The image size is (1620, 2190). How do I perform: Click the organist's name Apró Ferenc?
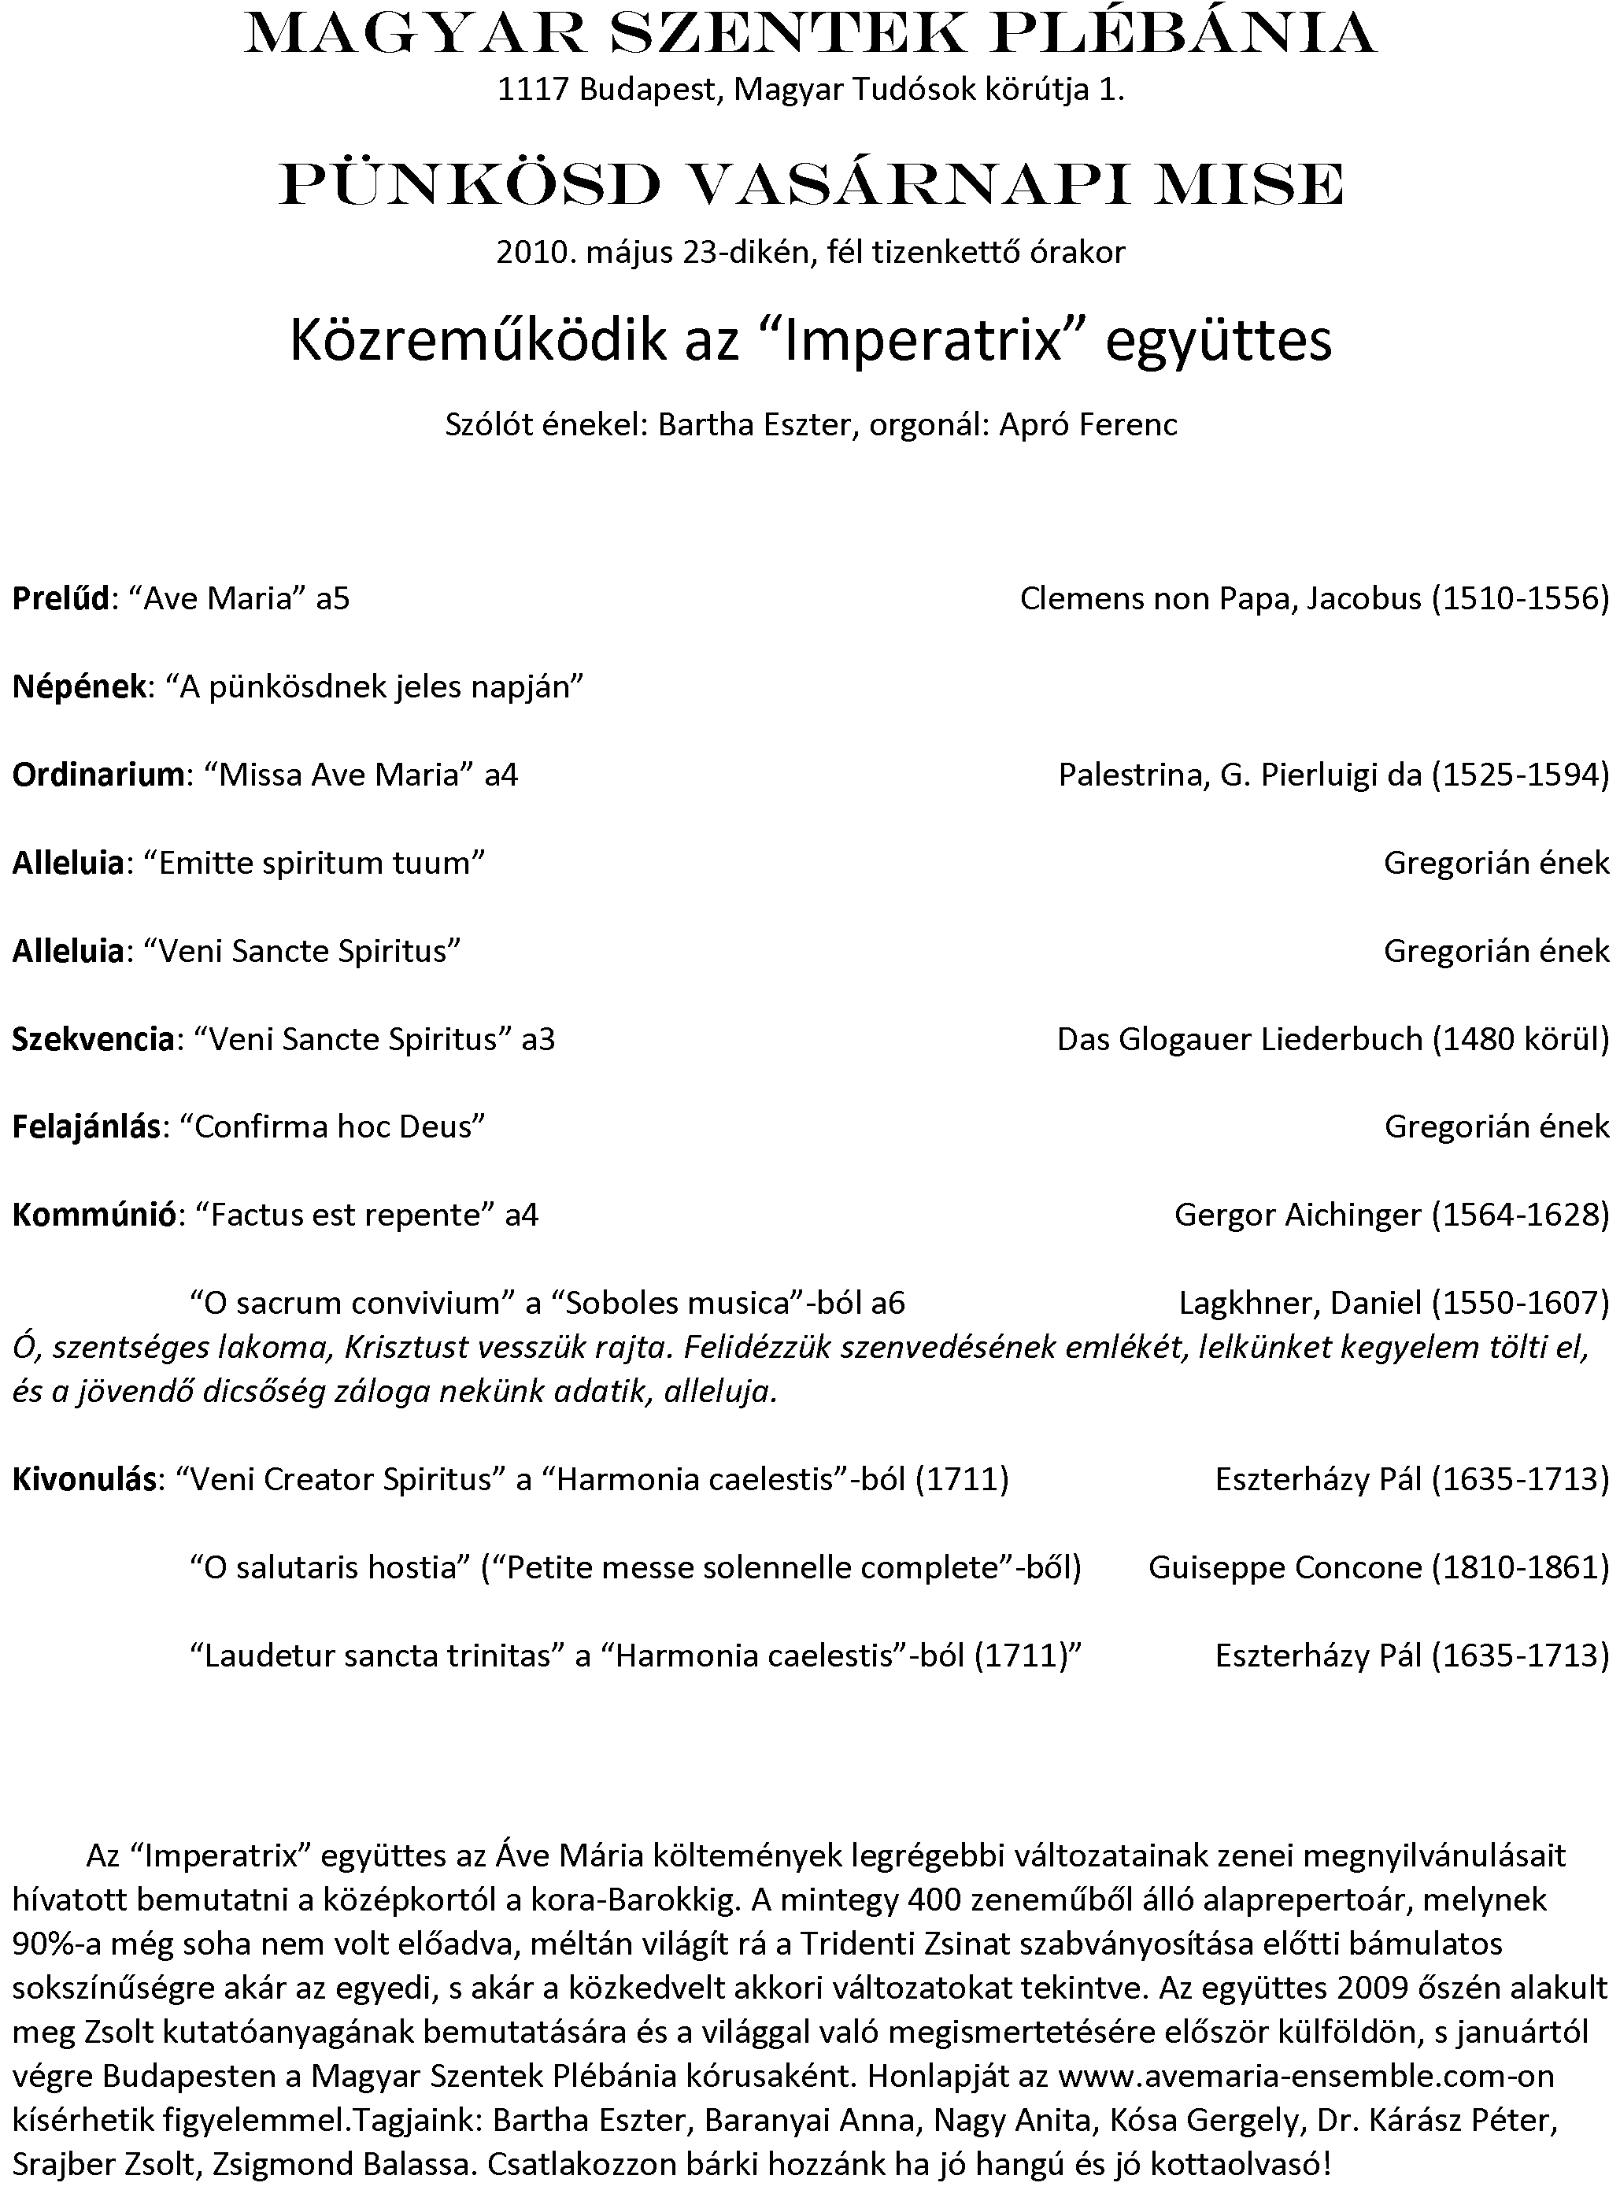pyautogui.click(x=1088, y=424)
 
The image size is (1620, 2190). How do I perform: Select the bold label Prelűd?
pyautogui.click(x=61, y=598)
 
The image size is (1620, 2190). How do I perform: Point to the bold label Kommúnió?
pyautogui.click(x=95, y=1215)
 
